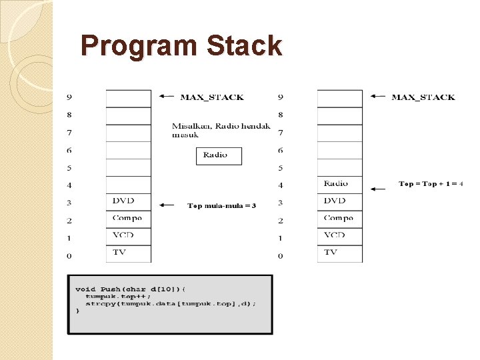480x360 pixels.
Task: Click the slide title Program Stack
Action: click(x=181, y=47)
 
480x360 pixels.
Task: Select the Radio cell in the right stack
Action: click(x=339, y=184)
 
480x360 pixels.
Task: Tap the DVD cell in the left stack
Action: click(x=128, y=201)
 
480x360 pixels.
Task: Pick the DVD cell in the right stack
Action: click(x=339, y=201)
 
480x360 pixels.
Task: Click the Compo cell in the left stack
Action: click(x=128, y=219)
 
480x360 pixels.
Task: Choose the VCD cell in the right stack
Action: click(x=339, y=236)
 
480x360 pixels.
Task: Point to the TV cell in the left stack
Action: click(x=128, y=253)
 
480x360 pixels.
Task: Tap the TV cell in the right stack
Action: click(x=339, y=253)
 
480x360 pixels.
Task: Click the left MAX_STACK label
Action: click(x=212, y=97)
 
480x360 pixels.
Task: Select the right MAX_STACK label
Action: click(x=423, y=97)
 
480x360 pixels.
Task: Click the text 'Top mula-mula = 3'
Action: click(x=222, y=206)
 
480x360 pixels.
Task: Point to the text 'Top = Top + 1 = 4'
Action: click(x=431, y=184)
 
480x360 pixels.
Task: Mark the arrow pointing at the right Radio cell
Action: click(x=378, y=189)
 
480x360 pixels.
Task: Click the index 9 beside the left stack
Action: click(x=69, y=97)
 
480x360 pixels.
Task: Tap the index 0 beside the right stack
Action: click(x=281, y=255)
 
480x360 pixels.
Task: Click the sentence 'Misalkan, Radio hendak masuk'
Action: click(x=221, y=130)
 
